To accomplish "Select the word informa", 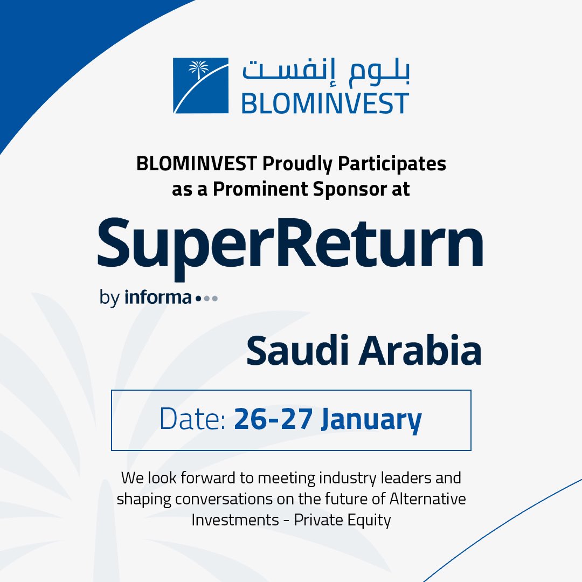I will tap(157, 297).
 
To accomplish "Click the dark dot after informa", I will tap(198, 298).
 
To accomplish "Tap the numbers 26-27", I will tap(274, 419).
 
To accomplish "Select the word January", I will tap(371, 420).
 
